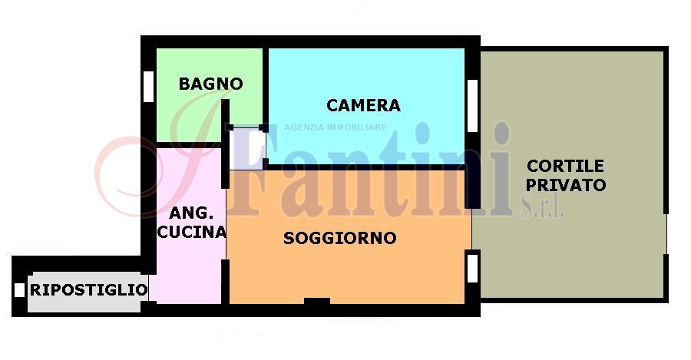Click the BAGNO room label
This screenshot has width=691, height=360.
[210, 84]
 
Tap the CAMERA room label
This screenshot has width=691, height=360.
[364, 105]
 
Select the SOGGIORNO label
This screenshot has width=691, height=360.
[340, 238]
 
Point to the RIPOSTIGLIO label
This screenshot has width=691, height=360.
[88, 290]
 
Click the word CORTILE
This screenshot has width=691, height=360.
[565, 166]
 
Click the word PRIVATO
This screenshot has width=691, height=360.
[566, 185]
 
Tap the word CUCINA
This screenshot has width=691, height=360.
[192, 232]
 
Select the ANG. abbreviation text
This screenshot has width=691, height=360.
[191, 213]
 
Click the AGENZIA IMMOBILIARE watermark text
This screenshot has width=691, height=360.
[336, 127]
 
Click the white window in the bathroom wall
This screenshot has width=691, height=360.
[148, 87]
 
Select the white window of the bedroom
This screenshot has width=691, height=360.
[472, 106]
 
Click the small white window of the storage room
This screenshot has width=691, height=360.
[19, 290]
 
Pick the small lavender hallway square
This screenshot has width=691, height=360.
[246, 148]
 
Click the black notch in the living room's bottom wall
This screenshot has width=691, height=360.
[317, 301]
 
